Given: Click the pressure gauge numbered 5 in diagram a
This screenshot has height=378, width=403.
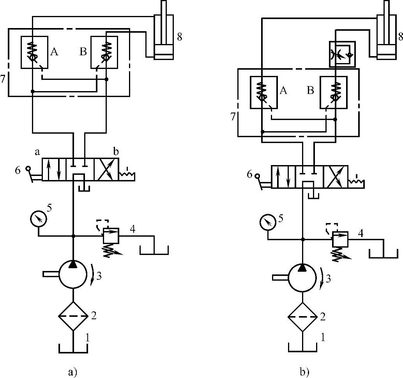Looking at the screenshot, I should pos(38,220).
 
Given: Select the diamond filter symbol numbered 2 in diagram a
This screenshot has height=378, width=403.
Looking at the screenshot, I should pos(72,316).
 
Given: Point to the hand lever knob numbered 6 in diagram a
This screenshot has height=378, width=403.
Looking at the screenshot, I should pos(28,169).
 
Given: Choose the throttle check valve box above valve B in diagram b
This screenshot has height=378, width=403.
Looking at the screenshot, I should pos(342,54).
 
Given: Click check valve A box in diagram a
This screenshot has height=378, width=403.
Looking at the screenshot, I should pos(35,52).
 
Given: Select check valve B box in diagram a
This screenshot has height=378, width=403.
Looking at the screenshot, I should pos(104,52).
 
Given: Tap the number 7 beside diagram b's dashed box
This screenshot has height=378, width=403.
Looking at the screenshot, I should pos(233,116).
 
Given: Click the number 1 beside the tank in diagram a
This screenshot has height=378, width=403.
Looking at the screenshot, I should pos(88,338).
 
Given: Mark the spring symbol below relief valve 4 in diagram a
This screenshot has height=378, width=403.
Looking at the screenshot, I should pos(111,249).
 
